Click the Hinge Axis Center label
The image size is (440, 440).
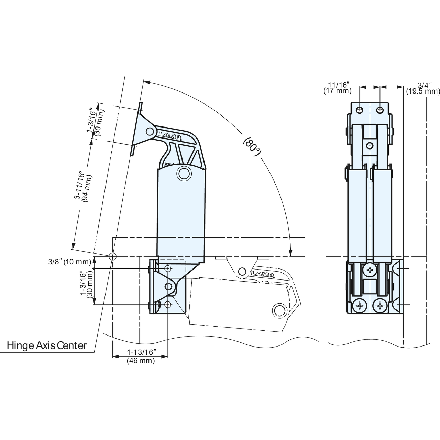tap(47, 345)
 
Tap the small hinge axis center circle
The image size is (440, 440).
tap(112, 256)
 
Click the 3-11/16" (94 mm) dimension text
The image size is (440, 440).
tap(82, 186)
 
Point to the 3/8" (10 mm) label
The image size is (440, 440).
tap(70, 262)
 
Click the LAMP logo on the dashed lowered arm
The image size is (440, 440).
tap(262, 274)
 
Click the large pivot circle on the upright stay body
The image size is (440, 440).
tap(184, 173)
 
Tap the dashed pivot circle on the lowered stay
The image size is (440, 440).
tap(279, 310)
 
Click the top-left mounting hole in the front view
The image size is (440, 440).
tap(360, 110)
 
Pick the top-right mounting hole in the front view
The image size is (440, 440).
tap(379, 110)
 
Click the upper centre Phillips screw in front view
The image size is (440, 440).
tap(370, 270)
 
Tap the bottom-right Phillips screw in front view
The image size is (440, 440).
tap(379, 305)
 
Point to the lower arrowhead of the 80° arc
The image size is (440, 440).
tap(291, 253)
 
